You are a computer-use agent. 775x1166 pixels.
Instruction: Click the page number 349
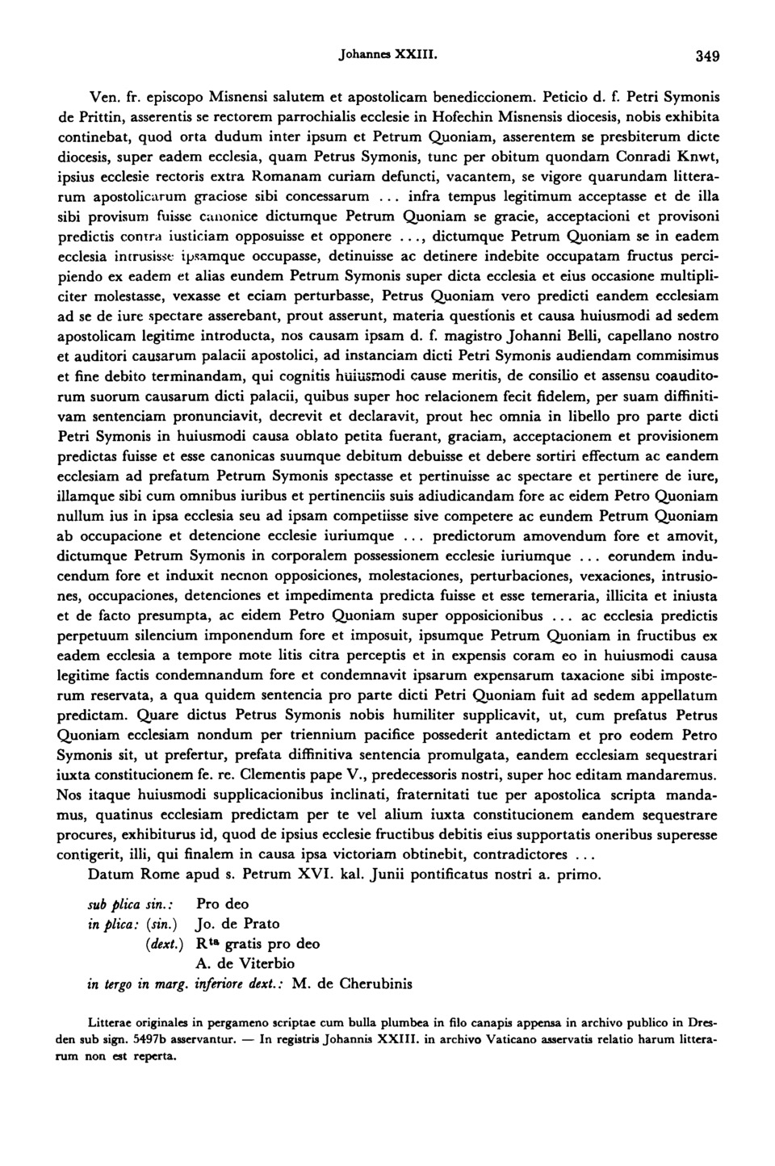pyautogui.click(x=707, y=57)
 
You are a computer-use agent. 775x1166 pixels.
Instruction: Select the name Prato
pyautogui.click(x=260, y=924)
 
